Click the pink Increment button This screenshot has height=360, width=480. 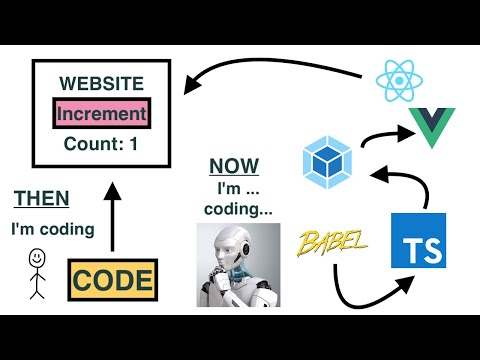[101, 113]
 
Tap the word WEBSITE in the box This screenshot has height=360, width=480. [102, 84]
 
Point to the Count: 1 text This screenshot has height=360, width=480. [102, 143]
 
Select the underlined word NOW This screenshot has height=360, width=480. [234, 166]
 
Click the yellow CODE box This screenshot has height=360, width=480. [112, 278]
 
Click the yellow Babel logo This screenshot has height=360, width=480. [332, 241]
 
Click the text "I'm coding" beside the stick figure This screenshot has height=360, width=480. [52, 230]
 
